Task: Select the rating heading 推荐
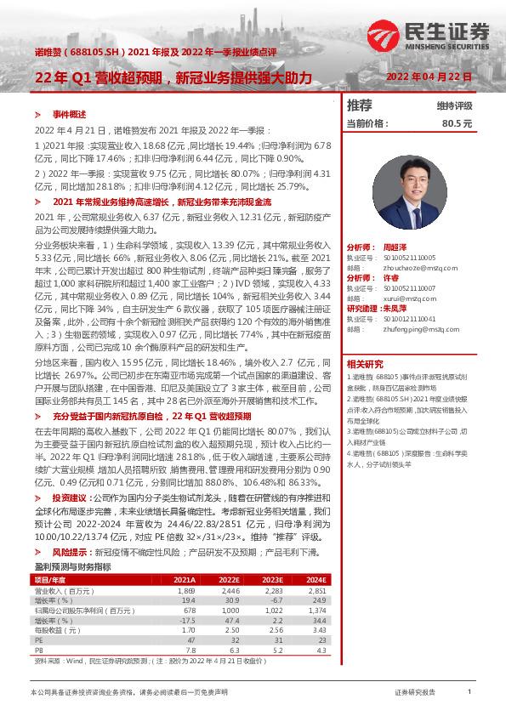361,106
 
